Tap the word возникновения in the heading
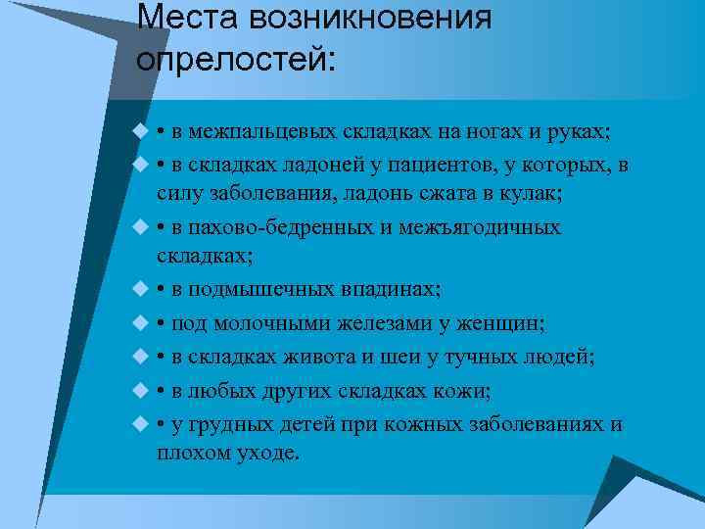(370, 18)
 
